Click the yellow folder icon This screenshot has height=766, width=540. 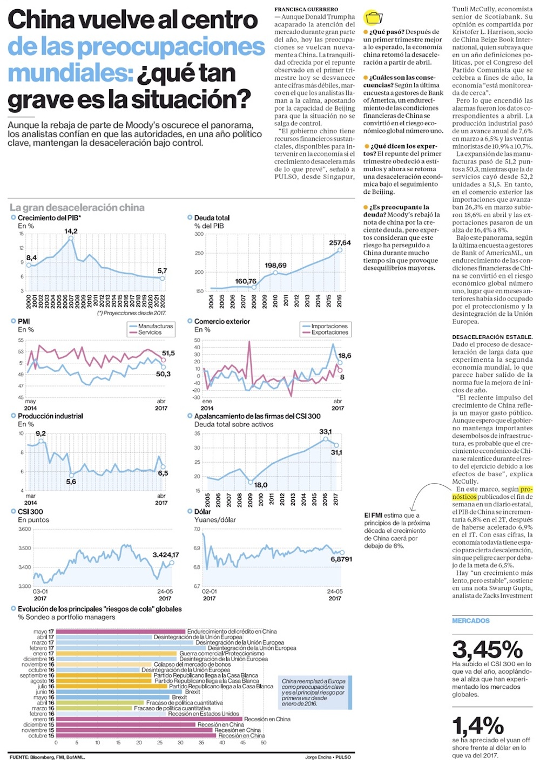(373, 18)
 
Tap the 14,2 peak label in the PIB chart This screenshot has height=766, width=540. (71, 231)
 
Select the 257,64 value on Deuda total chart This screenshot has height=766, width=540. (340, 243)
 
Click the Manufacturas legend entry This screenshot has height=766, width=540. (156, 326)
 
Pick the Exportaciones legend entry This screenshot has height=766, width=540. (329, 333)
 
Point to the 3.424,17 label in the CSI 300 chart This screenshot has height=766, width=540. (165, 555)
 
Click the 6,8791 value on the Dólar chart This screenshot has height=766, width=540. (341, 559)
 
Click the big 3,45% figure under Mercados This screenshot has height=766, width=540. (487, 649)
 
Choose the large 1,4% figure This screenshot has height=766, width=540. (477, 726)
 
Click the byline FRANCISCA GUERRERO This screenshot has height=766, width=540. (306, 10)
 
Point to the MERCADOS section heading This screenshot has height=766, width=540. (471, 621)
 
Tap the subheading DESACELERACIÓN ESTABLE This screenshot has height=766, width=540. (492, 337)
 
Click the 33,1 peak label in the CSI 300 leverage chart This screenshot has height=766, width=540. (326, 432)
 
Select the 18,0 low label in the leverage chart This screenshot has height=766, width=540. (261, 485)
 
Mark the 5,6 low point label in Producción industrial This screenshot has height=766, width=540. (71, 482)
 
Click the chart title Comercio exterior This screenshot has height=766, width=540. (222, 321)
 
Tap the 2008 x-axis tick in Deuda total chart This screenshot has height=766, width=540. (254, 301)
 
